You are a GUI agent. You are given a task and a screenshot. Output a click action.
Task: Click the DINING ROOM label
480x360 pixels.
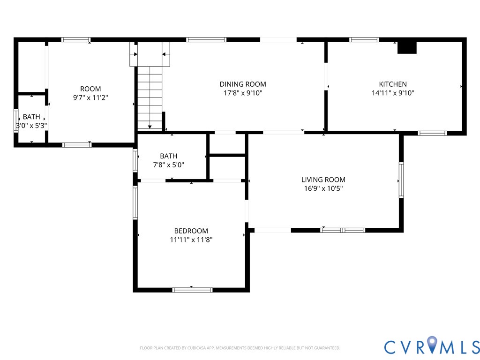point(243,84)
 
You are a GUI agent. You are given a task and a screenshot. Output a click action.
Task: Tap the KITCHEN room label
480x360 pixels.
point(393,84)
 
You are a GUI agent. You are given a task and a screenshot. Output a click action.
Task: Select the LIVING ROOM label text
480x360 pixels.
point(323,180)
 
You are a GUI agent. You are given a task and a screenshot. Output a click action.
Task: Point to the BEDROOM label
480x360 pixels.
point(191,231)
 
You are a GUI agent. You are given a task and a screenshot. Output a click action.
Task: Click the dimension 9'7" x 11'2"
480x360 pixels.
point(90,97)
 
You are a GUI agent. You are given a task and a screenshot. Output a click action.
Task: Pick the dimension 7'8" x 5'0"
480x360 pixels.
point(168,165)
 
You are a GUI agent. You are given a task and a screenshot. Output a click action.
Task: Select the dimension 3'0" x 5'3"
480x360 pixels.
point(31,126)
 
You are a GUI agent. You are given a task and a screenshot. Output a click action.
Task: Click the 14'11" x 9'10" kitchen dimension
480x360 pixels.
point(393,93)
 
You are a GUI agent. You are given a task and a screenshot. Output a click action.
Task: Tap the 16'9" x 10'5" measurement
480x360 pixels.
point(323,188)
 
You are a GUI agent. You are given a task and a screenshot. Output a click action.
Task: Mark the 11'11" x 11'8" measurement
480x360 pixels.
point(191,240)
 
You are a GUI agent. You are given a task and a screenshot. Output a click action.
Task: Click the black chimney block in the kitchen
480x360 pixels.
point(407,48)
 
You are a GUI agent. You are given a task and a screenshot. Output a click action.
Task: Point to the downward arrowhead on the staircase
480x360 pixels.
point(150,127)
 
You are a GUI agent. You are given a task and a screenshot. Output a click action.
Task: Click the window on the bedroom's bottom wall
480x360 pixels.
point(192,290)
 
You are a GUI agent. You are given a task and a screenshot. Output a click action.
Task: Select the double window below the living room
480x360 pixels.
point(343,230)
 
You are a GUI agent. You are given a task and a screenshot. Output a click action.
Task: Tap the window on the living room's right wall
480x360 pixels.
point(401,180)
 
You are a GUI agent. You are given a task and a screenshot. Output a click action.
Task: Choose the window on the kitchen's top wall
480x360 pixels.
point(364,39)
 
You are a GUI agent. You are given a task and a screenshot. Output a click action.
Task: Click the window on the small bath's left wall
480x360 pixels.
point(16,120)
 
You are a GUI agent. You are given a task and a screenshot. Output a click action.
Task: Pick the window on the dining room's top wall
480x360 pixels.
point(206,39)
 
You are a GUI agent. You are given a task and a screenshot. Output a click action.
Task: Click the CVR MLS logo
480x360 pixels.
point(432,346)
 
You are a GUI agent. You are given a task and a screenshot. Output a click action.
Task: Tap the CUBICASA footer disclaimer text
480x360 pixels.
point(240,348)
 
